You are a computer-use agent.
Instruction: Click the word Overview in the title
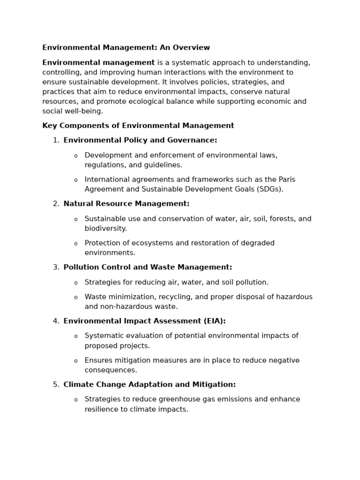[x=192, y=48]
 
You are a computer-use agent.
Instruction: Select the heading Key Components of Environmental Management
[x=138, y=126]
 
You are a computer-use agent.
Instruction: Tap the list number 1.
[x=56, y=140]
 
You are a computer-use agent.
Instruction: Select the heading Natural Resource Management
[x=126, y=204]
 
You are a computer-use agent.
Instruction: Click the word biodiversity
[x=105, y=229]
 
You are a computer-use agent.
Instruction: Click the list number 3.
[x=56, y=267]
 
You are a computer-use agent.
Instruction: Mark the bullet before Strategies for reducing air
[x=76, y=283]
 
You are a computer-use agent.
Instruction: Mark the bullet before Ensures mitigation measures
[x=76, y=361]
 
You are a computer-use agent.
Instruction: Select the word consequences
[x=111, y=370]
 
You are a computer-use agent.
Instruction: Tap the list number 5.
[x=56, y=385]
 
